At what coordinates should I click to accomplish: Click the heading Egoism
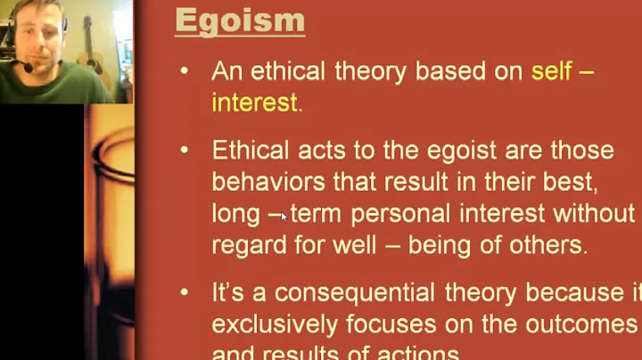pos(240,20)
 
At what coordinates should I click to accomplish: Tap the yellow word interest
pos(253,102)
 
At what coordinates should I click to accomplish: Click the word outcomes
pos(588,323)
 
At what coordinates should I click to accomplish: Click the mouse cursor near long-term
pos(284,215)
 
